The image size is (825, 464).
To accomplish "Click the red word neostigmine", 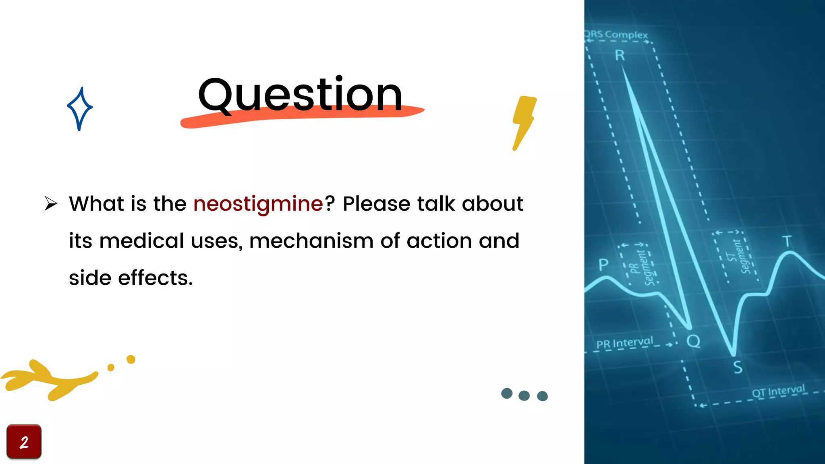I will [x=258, y=203].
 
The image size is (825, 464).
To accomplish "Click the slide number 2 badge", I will [x=24, y=442].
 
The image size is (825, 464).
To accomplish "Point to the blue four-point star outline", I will [x=80, y=108].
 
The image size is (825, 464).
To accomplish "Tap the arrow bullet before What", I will [x=51, y=203].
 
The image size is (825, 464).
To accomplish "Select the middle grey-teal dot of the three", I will [x=524, y=395].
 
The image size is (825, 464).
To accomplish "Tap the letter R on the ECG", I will [x=620, y=56].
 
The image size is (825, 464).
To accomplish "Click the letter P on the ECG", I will [x=603, y=265].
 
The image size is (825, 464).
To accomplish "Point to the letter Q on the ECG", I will [x=693, y=342].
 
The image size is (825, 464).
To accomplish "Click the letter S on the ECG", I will [x=738, y=367].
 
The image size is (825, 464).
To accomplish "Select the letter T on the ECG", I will [x=787, y=242].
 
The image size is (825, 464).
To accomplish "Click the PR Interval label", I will [x=625, y=343].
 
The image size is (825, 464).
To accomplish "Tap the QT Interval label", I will [x=778, y=391].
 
